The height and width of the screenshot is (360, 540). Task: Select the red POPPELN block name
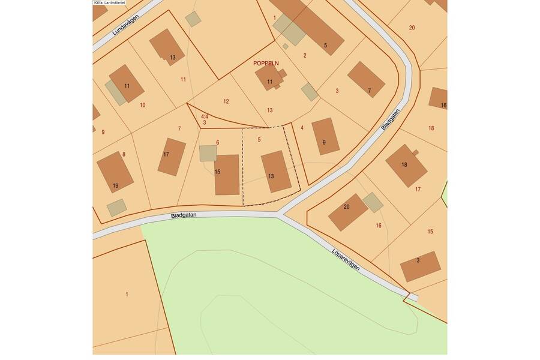coord(268,62)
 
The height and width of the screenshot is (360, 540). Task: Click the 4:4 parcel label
coord(204,116)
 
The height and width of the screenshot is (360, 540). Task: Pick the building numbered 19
coord(115,172)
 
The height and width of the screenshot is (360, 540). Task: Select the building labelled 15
coord(227,174)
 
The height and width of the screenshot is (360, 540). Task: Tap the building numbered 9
coord(326,136)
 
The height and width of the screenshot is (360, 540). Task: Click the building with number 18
coord(406,165)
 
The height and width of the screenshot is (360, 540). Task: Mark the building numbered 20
coord(347,212)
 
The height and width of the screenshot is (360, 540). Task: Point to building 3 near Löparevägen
coord(420,266)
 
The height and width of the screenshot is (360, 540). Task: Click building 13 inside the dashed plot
coord(275,172)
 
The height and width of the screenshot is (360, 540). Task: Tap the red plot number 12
coord(226,101)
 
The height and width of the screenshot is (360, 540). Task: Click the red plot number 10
coord(142,105)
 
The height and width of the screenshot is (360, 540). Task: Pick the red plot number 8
coord(124,154)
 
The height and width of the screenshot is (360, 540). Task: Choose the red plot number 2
coord(305,55)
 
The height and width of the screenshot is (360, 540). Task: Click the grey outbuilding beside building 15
coord(208,152)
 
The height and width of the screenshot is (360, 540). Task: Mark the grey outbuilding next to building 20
coord(373,202)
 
